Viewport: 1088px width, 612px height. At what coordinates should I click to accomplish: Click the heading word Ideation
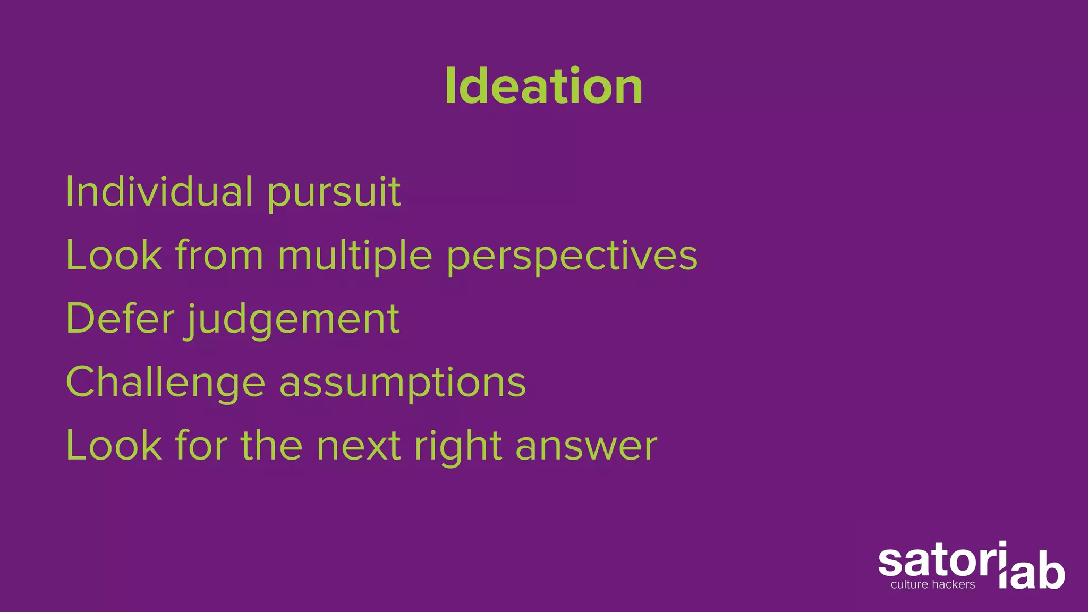click(543, 86)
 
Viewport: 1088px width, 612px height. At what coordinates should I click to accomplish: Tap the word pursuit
click(334, 193)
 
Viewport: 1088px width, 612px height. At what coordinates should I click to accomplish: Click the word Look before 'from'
click(114, 255)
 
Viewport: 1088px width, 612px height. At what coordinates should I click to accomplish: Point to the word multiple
click(355, 256)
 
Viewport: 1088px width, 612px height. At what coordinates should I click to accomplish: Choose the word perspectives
click(572, 257)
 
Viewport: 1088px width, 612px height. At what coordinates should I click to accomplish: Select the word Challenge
click(165, 382)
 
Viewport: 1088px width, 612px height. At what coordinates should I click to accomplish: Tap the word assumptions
click(403, 384)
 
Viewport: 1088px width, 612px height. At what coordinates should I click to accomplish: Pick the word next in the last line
click(359, 446)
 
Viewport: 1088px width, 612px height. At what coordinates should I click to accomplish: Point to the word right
click(458, 447)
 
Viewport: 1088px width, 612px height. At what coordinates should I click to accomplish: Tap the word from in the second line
click(219, 255)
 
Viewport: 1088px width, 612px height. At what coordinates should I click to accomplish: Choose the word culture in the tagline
click(909, 585)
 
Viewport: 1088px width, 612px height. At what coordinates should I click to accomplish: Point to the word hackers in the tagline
click(954, 585)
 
